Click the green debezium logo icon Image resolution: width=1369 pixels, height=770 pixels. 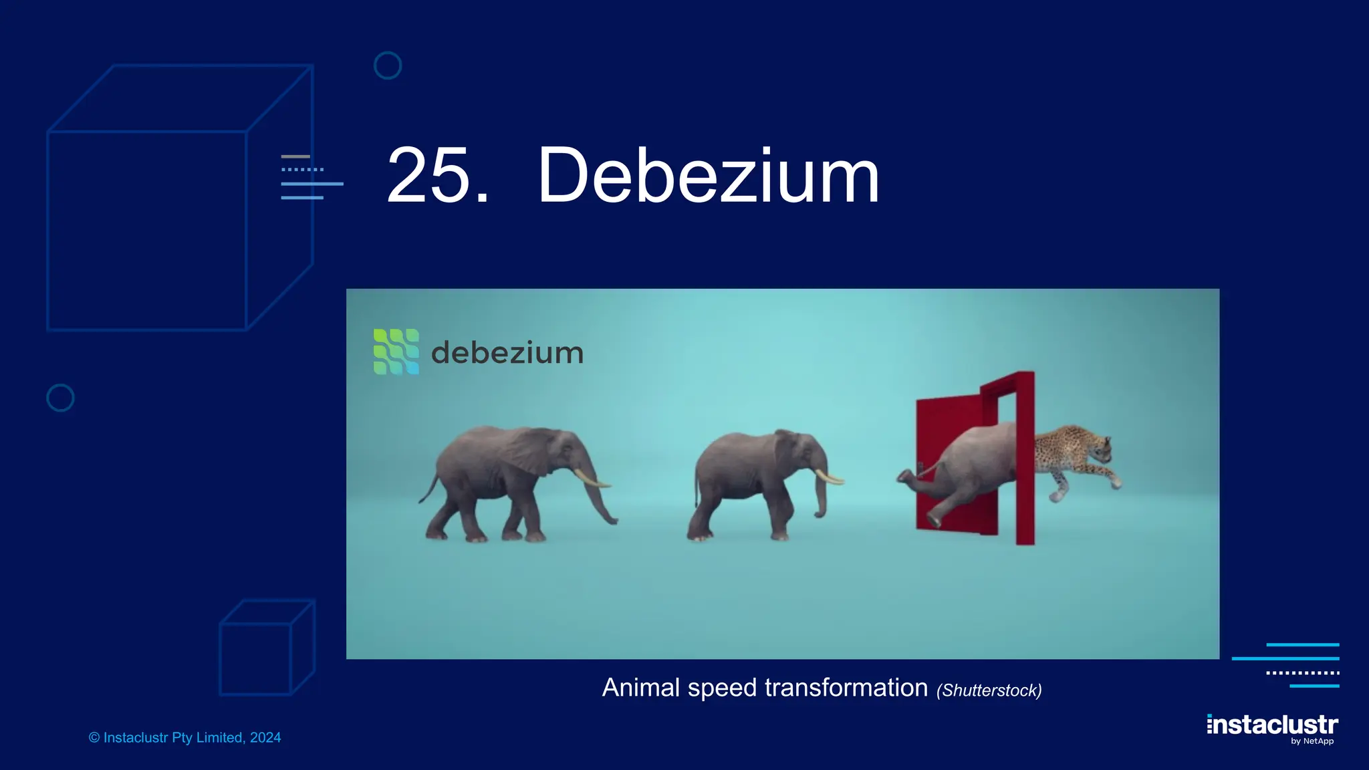coord(396,352)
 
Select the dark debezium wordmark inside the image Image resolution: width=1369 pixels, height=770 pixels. coord(507,353)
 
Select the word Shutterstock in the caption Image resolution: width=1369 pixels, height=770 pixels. coord(989,690)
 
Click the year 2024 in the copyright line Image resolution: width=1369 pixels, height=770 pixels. coord(265,738)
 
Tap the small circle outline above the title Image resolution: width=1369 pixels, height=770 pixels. coord(388,66)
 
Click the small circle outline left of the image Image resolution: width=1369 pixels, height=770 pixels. coord(60,398)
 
